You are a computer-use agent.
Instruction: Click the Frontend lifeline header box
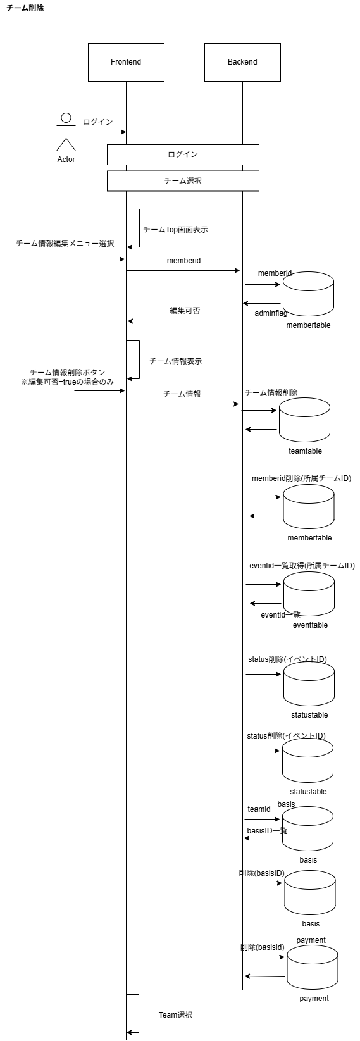coord(126,62)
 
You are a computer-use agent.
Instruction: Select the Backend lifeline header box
coord(242,62)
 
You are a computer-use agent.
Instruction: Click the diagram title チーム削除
coord(25,8)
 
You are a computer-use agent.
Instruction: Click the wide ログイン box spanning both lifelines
coord(183,154)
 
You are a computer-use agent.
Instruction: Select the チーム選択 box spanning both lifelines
coord(183,181)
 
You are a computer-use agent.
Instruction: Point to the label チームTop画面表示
coord(175,230)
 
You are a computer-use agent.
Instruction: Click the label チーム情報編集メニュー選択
coord(65,243)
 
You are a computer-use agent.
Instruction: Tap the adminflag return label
coord(271,313)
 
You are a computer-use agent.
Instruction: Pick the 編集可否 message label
coord(185,311)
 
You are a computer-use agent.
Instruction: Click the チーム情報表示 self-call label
coord(175,361)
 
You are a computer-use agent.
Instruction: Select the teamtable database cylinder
coord(304,420)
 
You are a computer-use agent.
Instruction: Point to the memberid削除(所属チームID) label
coord(301,478)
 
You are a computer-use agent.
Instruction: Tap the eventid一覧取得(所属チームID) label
coord(302,565)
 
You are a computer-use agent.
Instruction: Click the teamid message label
coord(259,809)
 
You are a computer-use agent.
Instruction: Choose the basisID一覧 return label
coord(267,830)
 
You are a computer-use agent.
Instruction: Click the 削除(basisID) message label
coord(261,873)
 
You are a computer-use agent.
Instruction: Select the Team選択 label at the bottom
coord(175,1015)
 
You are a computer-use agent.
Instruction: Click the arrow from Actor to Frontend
coord(101,132)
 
